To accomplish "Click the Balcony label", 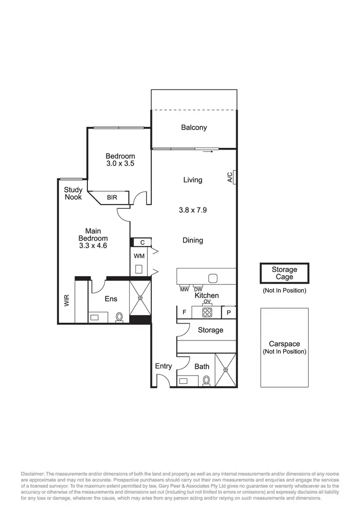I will click(x=194, y=127).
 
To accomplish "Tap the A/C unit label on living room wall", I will click(x=230, y=177).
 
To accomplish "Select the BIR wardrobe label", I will click(x=112, y=197).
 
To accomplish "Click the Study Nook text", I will click(x=73, y=194).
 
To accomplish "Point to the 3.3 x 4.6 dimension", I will click(x=93, y=245).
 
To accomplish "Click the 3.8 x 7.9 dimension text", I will click(x=192, y=210).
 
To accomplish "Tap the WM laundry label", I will click(x=140, y=255).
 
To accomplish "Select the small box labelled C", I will click(x=142, y=242).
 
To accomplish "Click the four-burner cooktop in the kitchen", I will click(x=207, y=312).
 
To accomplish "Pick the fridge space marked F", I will click(x=184, y=312).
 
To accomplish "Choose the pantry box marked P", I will click(x=228, y=312).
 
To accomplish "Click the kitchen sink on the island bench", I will click(x=213, y=278).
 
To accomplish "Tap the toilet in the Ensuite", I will click(x=119, y=317).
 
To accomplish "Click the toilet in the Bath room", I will click(x=206, y=380).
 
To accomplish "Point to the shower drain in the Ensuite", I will click(x=140, y=298).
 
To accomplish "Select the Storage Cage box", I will click(x=284, y=273).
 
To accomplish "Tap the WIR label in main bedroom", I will click(x=67, y=301).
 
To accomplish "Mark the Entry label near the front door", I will click(x=163, y=366).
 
